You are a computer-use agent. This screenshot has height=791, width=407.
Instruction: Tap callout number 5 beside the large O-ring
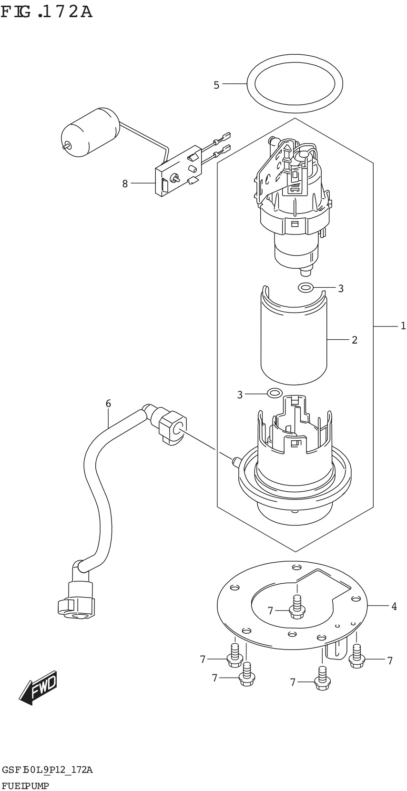[x=216, y=85]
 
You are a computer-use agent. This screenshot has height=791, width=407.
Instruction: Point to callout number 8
[x=125, y=183]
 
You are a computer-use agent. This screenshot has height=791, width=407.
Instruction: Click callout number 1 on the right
[x=403, y=326]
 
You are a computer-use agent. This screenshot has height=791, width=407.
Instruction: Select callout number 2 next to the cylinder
[x=354, y=340]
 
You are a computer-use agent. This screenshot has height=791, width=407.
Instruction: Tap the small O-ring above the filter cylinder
[x=305, y=287]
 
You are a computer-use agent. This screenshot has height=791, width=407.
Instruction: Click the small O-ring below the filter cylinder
[x=275, y=393]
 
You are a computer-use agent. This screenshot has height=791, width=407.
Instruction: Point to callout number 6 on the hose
[x=108, y=404]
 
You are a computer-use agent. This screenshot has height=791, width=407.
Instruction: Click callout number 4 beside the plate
[x=394, y=606]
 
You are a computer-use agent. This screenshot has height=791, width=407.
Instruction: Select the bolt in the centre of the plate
[x=296, y=607]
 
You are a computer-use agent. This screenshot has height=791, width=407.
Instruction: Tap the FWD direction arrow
[x=39, y=689]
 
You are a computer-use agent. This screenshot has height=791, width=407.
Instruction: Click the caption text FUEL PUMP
[x=27, y=785]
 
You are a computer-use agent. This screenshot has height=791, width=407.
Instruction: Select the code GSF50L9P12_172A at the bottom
[x=48, y=770]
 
